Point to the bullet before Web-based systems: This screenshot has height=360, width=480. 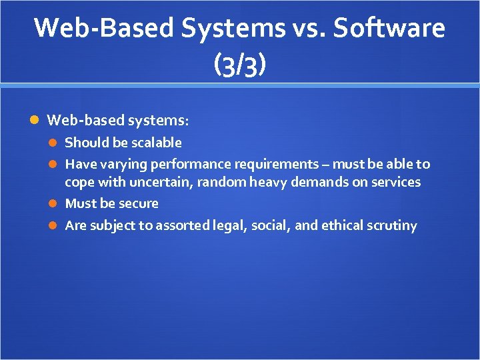pyautogui.click(x=35, y=121)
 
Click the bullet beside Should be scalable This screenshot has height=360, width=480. pyautogui.click(x=55, y=143)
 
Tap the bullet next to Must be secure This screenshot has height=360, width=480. pyautogui.click(x=55, y=203)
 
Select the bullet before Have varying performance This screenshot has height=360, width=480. pyautogui.click(x=55, y=164)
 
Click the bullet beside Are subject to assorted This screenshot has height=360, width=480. pyautogui.click(x=55, y=225)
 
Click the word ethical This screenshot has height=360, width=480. pyautogui.click(x=343, y=225)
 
